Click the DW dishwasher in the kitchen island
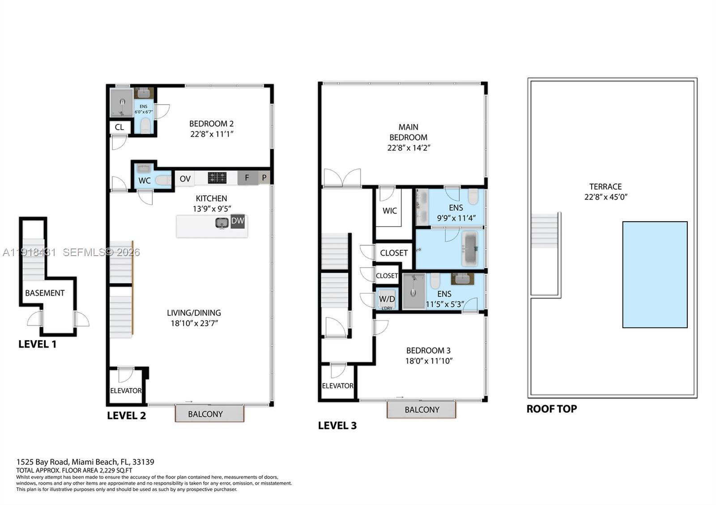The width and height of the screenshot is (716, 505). (x=238, y=221)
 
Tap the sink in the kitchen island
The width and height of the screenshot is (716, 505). (x=222, y=223)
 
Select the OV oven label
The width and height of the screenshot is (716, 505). (x=185, y=179)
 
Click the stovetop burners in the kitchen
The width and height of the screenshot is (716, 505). (x=217, y=178)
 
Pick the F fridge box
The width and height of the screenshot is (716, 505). (x=247, y=178)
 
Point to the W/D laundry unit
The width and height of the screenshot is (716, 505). (x=387, y=299)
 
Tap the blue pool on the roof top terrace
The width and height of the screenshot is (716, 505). (x=655, y=274)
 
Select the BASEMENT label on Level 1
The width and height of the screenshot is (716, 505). (x=45, y=293)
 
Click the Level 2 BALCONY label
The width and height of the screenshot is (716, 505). (x=205, y=414)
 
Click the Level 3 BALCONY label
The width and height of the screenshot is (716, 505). (x=422, y=410)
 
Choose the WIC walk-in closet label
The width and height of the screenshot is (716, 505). (x=389, y=211)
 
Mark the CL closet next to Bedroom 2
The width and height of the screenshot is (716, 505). (x=119, y=127)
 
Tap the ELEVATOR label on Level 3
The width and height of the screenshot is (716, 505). (x=338, y=386)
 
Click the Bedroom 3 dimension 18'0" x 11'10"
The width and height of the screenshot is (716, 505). (x=429, y=361)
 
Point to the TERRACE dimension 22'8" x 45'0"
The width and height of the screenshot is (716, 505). (x=605, y=197)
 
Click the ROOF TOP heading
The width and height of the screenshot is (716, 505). (x=551, y=409)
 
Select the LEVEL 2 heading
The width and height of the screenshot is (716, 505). (x=126, y=416)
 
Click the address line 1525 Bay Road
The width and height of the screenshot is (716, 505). (x=85, y=462)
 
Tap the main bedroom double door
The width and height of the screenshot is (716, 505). (x=342, y=178)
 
